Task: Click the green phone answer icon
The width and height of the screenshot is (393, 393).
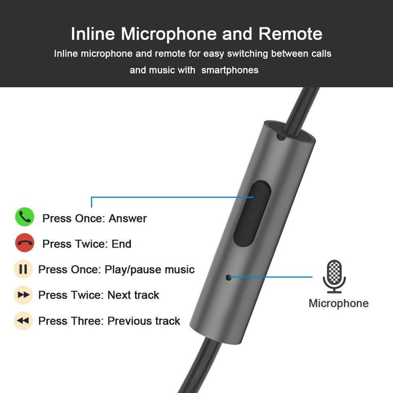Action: (x=24, y=217)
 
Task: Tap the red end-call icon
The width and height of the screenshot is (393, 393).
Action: (x=24, y=244)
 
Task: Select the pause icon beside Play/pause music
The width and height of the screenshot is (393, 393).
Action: (x=23, y=269)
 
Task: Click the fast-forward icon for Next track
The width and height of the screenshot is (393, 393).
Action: (x=23, y=295)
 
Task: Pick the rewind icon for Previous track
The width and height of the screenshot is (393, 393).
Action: (x=23, y=321)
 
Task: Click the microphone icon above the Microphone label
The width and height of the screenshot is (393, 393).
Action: (x=334, y=276)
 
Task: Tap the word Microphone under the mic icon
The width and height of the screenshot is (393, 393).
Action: (x=338, y=303)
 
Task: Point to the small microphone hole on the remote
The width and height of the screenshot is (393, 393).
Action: (x=229, y=276)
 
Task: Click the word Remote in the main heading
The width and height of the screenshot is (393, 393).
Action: (x=290, y=34)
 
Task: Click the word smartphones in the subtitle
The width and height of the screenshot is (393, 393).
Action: (x=230, y=69)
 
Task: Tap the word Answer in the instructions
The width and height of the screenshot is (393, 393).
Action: (x=128, y=218)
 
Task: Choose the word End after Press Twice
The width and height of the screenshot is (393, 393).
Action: (x=121, y=244)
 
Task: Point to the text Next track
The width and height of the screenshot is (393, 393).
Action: (x=134, y=295)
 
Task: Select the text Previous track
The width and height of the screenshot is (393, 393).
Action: (x=143, y=321)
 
